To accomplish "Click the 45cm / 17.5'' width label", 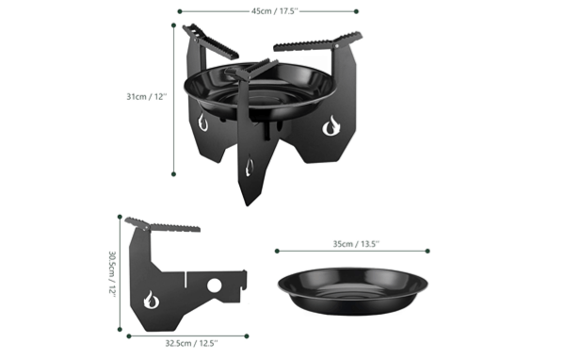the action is pyautogui.click(x=275, y=11).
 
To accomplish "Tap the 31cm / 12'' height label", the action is pyautogui.click(x=147, y=97).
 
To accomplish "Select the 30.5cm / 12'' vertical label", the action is pyautogui.click(x=112, y=274).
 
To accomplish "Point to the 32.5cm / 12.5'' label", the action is pyautogui.click(x=192, y=343).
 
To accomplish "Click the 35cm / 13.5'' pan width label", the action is pyautogui.click(x=356, y=244).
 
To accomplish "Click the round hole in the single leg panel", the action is pyautogui.click(x=214, y=286).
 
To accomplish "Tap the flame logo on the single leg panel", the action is pyautogui.click(x=152, y=300).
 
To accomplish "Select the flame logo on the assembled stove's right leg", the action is pyautogui.click(x=331, y=126).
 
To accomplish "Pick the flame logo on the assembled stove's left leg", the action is pyautogui.click(x=202, y=123).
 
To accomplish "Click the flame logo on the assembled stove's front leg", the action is pyautogui.click(x=249, y=166).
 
